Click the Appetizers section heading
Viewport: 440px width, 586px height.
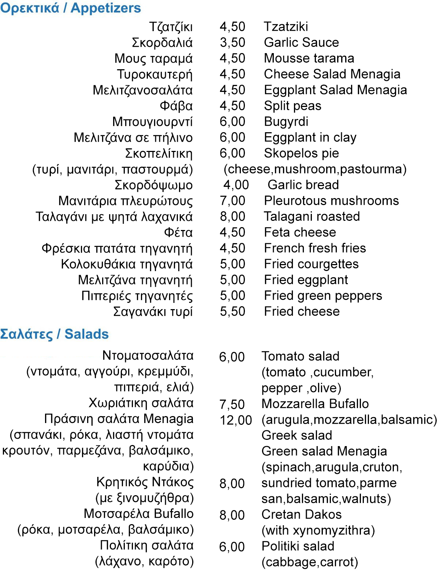pos(70,8)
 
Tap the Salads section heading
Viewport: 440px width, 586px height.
pos(54,334)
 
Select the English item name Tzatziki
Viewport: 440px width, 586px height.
pos(286,26)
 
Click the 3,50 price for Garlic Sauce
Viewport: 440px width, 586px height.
pos(232,42)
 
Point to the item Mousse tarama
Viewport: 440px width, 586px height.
pos(309,58)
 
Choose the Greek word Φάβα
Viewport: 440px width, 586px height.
pos(176,106)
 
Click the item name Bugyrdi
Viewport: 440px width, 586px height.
pos(286,122)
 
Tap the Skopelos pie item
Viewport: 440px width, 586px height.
pos(301,153)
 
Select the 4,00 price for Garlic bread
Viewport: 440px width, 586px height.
pos(236,185)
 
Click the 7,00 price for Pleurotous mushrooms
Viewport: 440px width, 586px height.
pos(232,201)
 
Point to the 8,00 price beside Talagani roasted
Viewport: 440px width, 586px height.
pos(232,216)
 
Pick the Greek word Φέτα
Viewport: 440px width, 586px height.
pos(178,233)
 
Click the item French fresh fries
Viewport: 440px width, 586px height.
pos(315,248)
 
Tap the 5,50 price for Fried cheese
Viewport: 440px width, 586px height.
pos(232,311)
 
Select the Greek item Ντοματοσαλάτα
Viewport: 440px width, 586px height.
pos(148,355)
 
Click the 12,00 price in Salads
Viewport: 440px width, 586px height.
pos(236,420)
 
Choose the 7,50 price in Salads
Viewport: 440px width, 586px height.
pos(232,404)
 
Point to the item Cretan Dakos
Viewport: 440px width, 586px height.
pos(301,515)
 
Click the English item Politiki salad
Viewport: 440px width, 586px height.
pos(298,546)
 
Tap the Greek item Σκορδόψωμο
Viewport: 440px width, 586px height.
pos(154,185)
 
